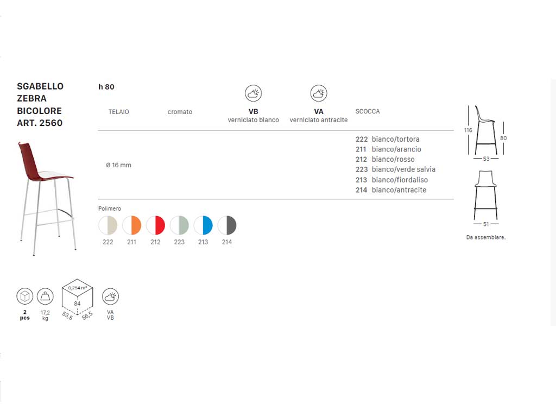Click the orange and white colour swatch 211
click(x=132, y=225)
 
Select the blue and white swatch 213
click(x=203, y=225)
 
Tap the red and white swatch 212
click(x=156, y=225)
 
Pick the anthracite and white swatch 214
click(x=227, y=225)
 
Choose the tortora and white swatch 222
click(x=108, y=225)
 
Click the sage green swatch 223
click(x=179, y=225)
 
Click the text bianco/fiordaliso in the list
click(x=400, y=180)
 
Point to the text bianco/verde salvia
click(x=403, y=169)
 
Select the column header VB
click(x=253, y=111)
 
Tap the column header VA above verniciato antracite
click(x=318, y=111)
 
